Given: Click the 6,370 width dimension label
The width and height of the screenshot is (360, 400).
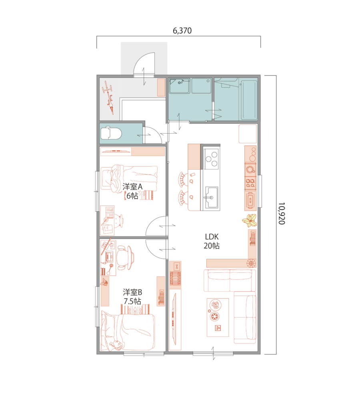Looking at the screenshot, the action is pos(182,31).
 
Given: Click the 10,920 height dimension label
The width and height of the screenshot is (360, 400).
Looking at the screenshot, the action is pos(281,214).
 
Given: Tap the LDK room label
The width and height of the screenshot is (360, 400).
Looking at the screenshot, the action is pos(212,237).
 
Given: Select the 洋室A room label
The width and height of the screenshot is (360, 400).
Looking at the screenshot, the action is pos(132,187).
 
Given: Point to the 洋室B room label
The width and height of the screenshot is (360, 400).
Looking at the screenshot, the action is pos(132,292).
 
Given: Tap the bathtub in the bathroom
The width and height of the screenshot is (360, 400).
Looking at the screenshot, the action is pos(249,100).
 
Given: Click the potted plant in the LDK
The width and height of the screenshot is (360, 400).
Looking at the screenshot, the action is pos(250,220).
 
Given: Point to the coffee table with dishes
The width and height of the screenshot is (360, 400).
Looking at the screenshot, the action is pos(218,317).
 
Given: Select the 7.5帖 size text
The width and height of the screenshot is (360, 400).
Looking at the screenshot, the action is pos(132,301).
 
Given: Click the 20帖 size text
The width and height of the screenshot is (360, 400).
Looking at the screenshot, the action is pos(212,246).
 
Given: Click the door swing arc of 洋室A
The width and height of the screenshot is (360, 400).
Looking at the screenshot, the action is pos(151,222).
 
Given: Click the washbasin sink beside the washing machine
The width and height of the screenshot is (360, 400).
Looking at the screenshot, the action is pos(180,86).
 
